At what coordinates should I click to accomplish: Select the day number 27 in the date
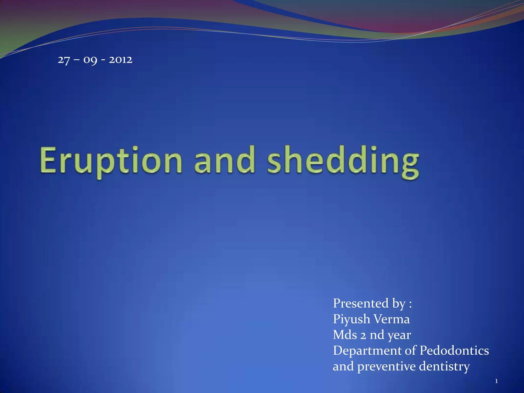pyautogui.click(x=64, y=60)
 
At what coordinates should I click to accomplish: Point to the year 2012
pyautogui.click(x=121, y=60)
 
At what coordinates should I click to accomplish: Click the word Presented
pyautogui.click(x=361, y=303)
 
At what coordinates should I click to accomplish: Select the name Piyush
pyautogui.click(x=351, y=320)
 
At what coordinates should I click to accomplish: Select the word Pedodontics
pyautogui.click(x=454, y=351)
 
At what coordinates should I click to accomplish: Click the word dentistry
pyautogui.click(x=444, y=367)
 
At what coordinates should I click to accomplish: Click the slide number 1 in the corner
pyautogui.click(x=496, y=381)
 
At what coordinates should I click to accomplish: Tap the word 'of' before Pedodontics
pyautogui.click(x=411, y=350)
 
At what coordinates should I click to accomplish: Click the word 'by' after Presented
pyautogui.click(x=399, y=304)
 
